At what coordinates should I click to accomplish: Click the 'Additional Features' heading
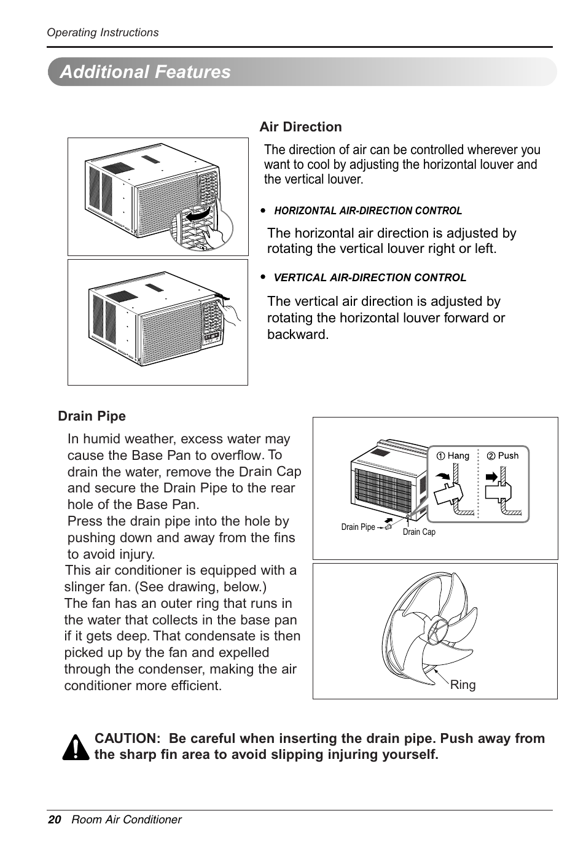[x=146, y=72]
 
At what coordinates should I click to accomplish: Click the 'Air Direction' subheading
[x=300, y=127]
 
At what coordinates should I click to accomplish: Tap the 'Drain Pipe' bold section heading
[x=92, y=416]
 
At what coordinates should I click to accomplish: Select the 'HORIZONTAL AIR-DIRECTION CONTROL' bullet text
[x=368, y=211]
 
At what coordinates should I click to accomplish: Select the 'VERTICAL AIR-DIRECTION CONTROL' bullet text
[x=370, y=278]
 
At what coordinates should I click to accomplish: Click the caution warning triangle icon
[x=76, y=747]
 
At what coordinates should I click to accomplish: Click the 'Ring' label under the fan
[x=463, y=685]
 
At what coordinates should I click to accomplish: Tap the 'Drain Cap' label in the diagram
[x=419, y=532]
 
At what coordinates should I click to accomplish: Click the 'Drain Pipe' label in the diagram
[x=357, y=527]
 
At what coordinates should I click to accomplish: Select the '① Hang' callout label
[x=453, y=456]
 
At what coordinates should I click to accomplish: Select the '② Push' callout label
[x=503, y=456]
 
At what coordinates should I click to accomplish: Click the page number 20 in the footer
[x=55, y=820]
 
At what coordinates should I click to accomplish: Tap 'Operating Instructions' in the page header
[x=103, y=33]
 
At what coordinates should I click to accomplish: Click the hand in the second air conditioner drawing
[x=233, y=313]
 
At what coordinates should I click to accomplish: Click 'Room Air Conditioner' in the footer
[x=127, y=820]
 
